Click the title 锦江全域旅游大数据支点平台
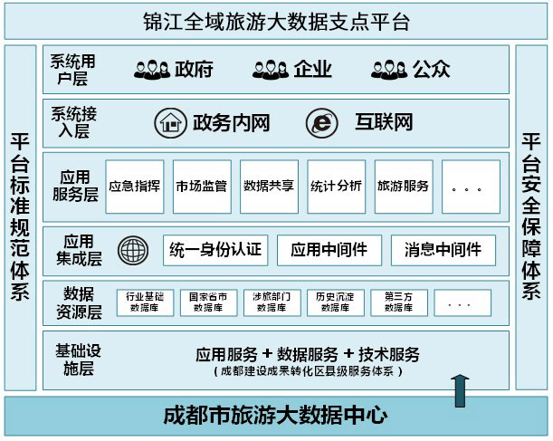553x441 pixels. coord(276,21)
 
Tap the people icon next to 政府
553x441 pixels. coord(152,69)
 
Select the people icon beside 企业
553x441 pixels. coord(270,69)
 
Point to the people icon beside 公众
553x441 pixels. coord(388,69)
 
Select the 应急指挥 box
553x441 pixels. coord(135,187)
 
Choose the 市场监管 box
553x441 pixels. coord(202,187)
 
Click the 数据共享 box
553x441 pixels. coord(269,187)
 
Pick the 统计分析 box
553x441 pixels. coord(336,187)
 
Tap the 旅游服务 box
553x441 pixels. coord(403,187)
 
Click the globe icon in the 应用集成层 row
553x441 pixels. coord(132,250)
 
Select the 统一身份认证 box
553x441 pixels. coord(215,249)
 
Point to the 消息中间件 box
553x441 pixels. coord(443,249)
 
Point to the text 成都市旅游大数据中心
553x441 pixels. coord(276,417)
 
